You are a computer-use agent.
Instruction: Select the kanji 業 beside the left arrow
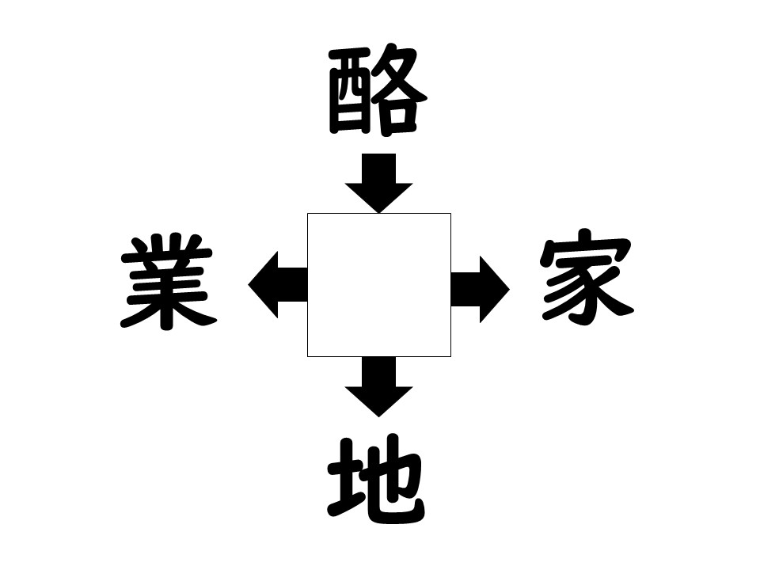168,282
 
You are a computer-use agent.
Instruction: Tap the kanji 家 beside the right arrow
587,277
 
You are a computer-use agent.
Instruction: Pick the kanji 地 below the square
377,479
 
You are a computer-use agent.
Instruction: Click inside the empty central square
379,285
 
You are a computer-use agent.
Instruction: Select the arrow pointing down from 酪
378,183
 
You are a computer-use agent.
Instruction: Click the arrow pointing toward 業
278,284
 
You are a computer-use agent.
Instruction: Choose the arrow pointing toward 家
481,290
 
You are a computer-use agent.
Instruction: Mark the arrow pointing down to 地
378,387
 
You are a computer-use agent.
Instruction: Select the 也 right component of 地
395,479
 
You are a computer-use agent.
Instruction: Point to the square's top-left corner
307,213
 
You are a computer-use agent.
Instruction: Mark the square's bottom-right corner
450,357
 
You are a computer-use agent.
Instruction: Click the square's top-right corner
450,213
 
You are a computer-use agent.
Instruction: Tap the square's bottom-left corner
307,357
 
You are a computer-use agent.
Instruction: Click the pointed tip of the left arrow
248,284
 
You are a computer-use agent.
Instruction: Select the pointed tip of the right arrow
509,290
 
